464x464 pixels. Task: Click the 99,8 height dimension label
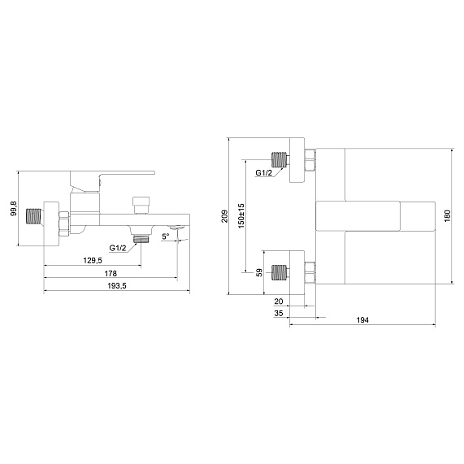click(14, 208)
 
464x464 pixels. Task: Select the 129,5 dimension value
click(93, 260)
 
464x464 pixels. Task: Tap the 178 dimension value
click(111, 273)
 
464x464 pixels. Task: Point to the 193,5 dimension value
click(116, 286)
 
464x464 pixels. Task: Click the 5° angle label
click(166, 236)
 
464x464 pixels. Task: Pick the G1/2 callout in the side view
click(118, 248)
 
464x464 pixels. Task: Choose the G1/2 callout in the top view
click(263, 173)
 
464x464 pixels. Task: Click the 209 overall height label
click(225, 216)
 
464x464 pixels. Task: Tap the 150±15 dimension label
click(241, 215)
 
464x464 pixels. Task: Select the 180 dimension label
click(447, 215)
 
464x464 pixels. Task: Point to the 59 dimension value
click(259, 272)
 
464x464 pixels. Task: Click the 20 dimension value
click(279, 301)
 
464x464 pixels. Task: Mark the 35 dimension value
click(279, 313)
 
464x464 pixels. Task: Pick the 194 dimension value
click(362, 320)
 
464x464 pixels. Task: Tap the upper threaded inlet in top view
click(280, 159)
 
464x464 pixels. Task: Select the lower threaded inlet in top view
click(280, 272)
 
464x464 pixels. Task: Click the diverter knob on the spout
click(141, 205)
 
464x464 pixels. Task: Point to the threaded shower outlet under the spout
click(141, 239)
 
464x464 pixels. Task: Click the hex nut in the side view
click(64, 223)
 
